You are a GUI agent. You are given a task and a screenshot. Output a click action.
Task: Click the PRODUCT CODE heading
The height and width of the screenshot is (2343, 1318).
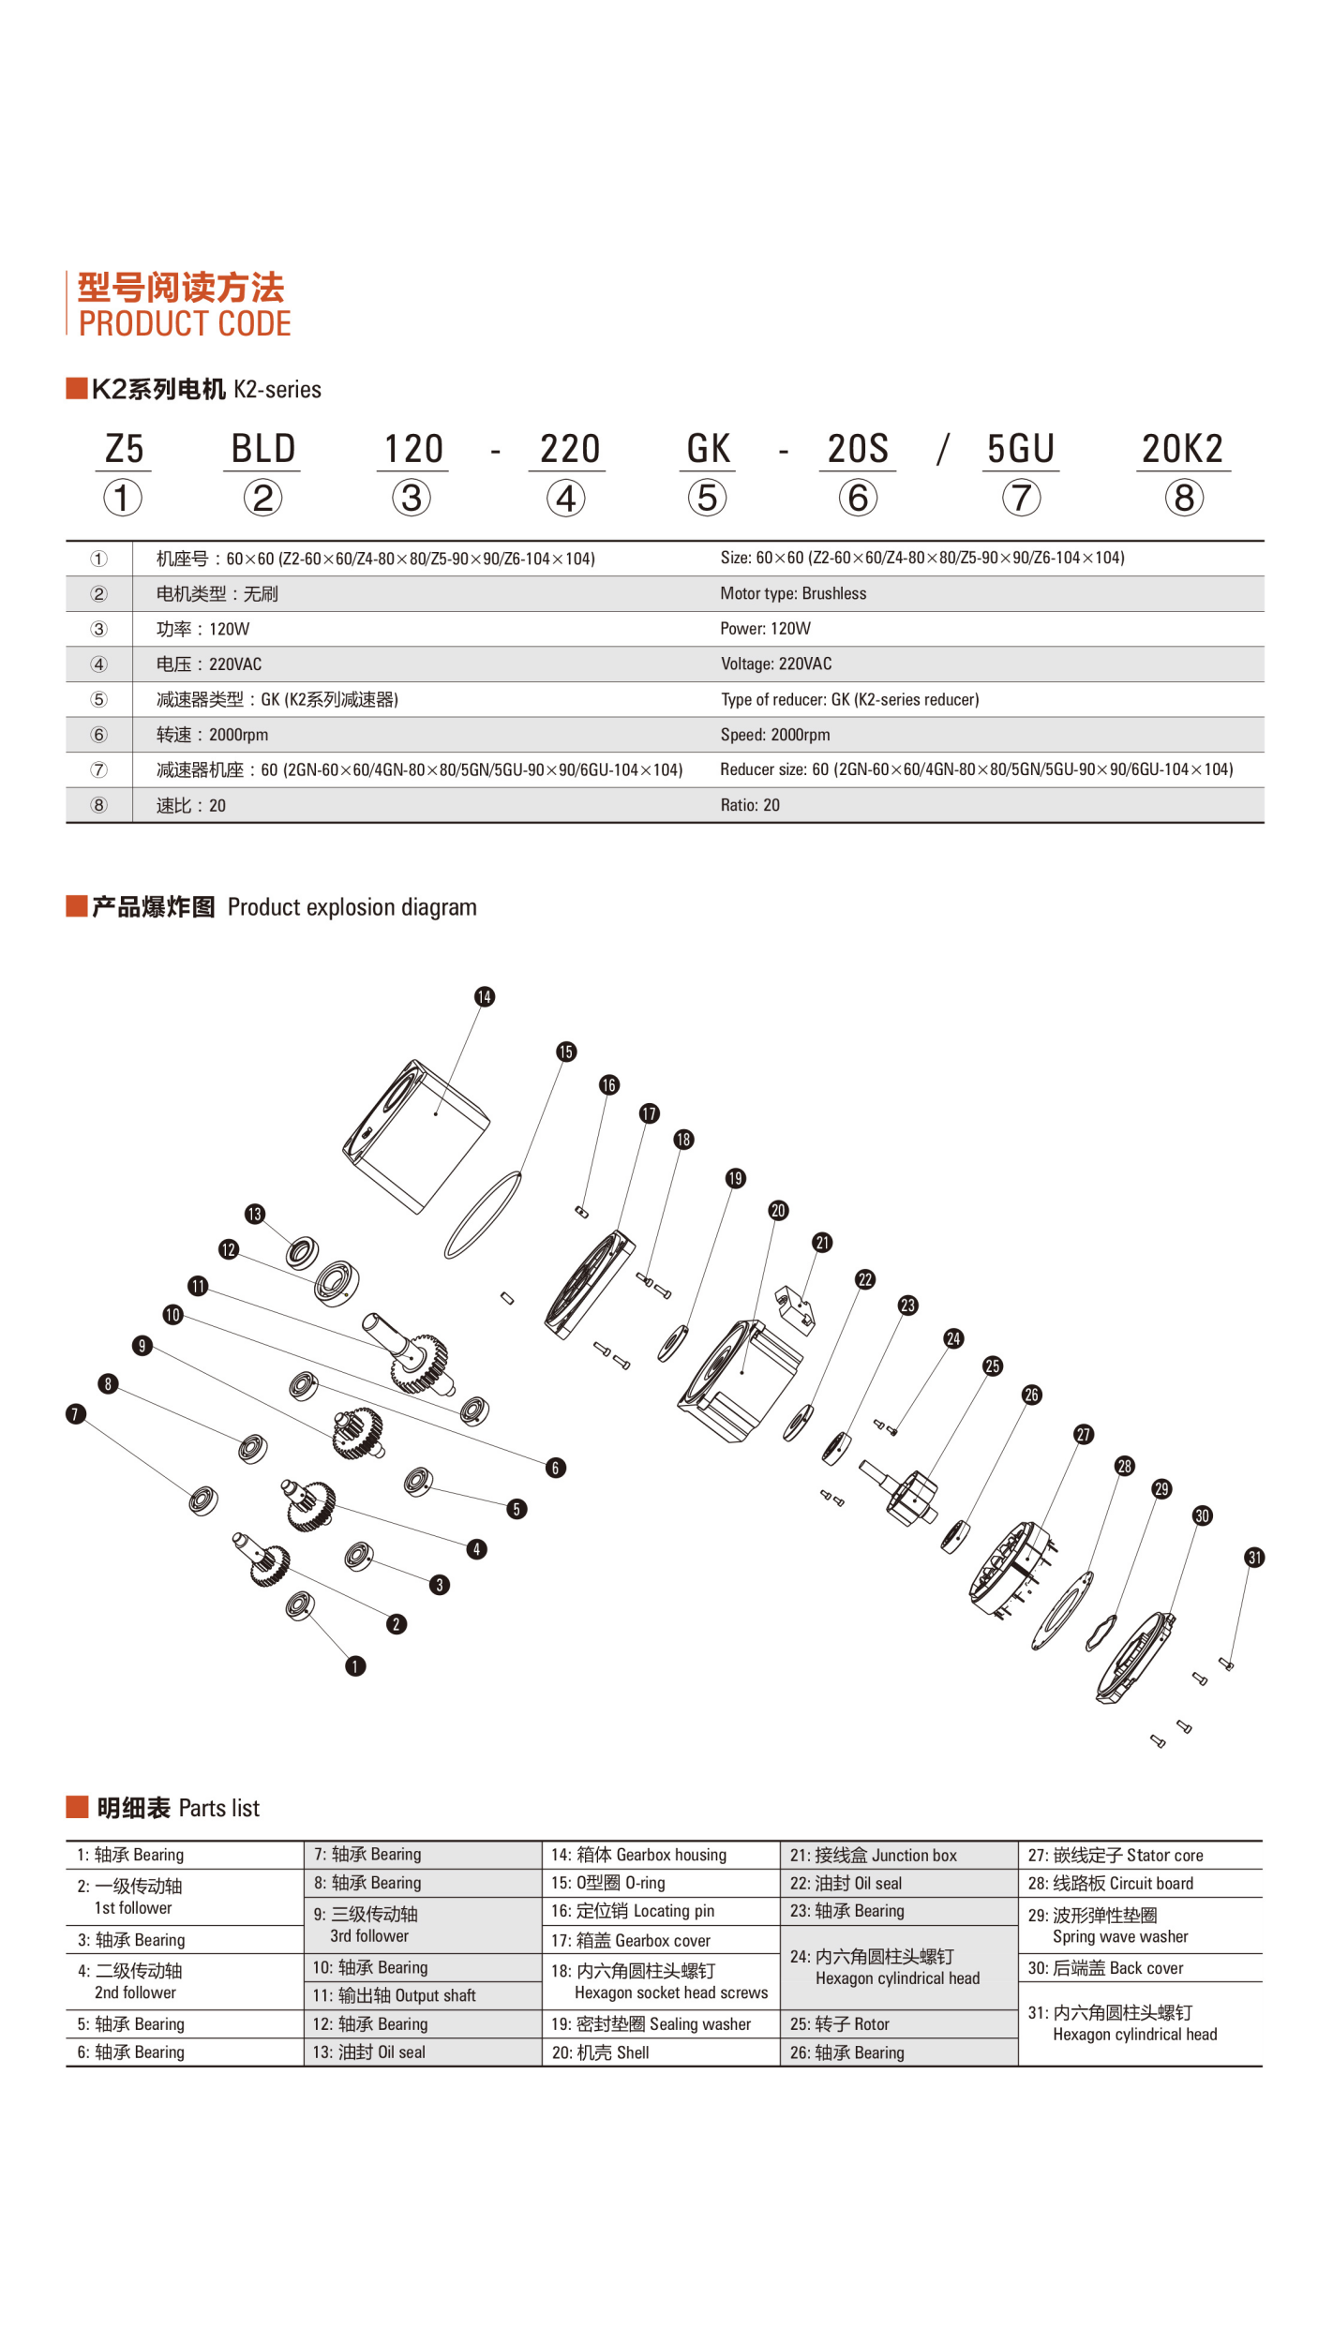tap(184, 323)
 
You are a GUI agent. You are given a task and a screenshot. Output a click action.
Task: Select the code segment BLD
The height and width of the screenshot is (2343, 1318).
tap(262, 449)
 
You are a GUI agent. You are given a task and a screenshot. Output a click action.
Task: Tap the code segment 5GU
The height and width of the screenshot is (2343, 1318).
tap(1021, 449)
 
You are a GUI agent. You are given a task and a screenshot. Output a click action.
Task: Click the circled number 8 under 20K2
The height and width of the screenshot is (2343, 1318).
tap(1184, 498)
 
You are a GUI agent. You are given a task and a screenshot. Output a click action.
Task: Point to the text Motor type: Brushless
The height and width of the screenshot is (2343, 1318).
tap(793, 593)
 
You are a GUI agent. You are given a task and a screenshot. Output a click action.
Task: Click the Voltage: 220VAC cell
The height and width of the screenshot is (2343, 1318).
tap(775, 664)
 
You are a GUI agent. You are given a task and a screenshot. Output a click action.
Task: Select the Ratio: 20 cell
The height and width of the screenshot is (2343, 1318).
tap(750, 805)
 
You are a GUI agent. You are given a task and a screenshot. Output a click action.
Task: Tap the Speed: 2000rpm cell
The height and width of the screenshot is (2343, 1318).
tap(774, 735)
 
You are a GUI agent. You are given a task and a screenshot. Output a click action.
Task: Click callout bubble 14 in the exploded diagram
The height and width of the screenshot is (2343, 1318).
tap(484, 996)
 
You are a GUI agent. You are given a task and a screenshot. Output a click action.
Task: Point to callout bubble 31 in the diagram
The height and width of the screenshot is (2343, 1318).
tap(1254, 1558)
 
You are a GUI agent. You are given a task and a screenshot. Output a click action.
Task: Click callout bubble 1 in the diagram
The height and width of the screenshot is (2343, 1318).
tap(355, 1665)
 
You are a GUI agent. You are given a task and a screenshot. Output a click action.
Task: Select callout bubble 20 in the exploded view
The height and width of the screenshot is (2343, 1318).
tap(778, 1210)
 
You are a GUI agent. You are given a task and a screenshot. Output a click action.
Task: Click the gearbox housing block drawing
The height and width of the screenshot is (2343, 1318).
tap(417, 1134)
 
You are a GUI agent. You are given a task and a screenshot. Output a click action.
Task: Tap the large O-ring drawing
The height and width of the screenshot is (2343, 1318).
tap(482, 1214)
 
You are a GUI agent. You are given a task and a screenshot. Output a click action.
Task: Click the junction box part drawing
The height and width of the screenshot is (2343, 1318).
tap(795, 1308)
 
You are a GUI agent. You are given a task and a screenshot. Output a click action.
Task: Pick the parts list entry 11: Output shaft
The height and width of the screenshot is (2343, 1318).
tap(394, 1995)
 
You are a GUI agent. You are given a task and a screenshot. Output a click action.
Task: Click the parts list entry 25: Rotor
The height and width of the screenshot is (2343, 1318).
tap(839, 2023)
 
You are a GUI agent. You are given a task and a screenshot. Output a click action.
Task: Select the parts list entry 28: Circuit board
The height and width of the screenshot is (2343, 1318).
tap(1110, 1883)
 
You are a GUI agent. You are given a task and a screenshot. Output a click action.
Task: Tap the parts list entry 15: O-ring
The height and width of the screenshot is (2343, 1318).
tap(607, 1883)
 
